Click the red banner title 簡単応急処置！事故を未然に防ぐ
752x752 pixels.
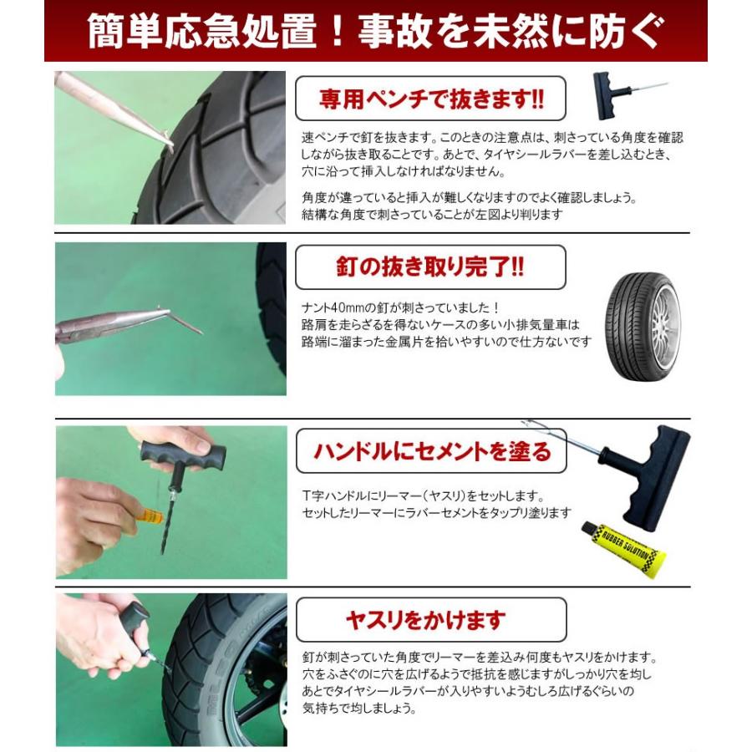[x=375, y=30]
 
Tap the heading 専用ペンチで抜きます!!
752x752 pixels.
[x=430, y=99]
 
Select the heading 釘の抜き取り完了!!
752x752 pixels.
[x=430, y=267]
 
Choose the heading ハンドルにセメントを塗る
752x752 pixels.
[x=432, y=451]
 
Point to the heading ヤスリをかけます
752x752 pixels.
[x=426, y=620]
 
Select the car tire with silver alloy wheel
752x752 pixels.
[x=642, y=327]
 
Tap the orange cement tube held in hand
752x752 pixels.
[x=150, y=516]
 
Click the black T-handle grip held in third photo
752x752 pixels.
[x=182, y=456]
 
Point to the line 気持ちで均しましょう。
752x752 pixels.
[x=359, y=708]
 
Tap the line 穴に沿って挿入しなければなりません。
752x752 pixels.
[x=403, y=170]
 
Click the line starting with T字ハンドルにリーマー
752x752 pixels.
[x=424, y=495]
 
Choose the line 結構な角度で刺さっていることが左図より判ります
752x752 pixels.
[x=432, y=214]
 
